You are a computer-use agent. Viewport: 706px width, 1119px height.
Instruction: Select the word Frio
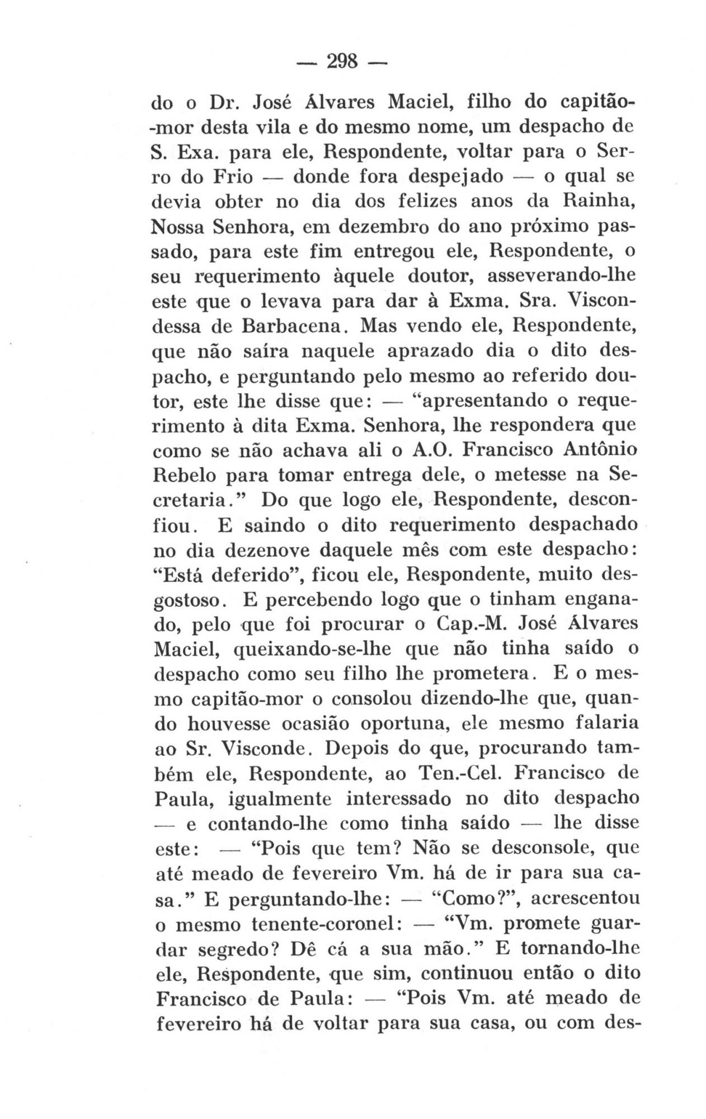click(229, 178)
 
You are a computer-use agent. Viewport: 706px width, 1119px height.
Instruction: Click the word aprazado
click(435, 351)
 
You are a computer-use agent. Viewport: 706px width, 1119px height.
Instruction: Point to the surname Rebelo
click(185, 476)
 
